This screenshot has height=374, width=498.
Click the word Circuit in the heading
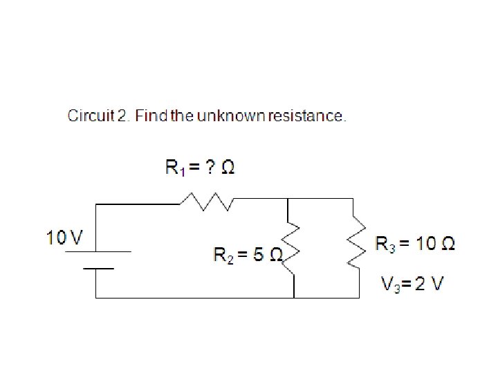click(x=91, y=116)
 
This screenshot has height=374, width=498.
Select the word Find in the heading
click(x=149, y=116)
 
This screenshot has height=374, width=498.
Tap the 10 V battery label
click(x=64, y=238)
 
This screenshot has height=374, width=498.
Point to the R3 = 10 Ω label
click(x=414, y=243)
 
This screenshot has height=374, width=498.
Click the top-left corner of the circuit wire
click(x=96, y=204)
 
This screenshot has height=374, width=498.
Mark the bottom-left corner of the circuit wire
click(x=96, y=298)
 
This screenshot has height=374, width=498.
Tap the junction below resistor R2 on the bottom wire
click(x=295, y=298)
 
